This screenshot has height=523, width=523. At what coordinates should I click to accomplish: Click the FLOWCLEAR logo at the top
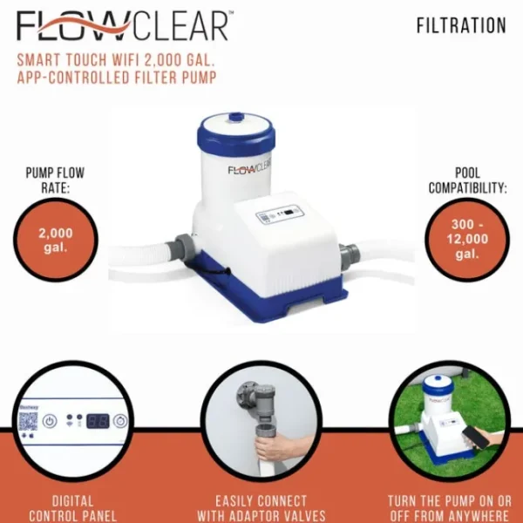(x=122, y=26)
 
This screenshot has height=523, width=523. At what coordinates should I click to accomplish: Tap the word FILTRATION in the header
(x=461, y=25)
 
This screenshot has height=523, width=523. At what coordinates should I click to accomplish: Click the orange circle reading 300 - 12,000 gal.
(x=466, y=240)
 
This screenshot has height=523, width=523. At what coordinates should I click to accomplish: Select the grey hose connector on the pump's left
(x=182, y=246)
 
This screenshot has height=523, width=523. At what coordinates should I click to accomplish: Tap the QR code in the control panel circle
(x=28, y=419)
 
